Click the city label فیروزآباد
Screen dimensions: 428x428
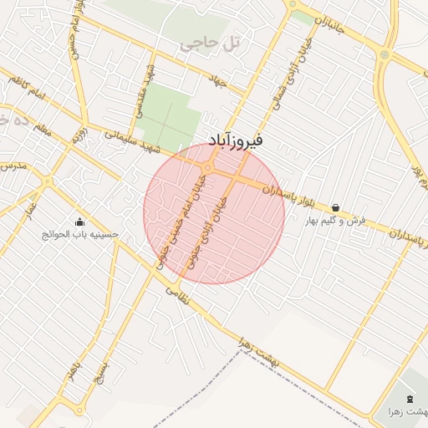235,140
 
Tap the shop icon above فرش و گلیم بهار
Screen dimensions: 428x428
336,207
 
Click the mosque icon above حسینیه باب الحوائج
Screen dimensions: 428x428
80,222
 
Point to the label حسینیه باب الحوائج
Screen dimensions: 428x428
80,234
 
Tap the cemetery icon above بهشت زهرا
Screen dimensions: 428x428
410,399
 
